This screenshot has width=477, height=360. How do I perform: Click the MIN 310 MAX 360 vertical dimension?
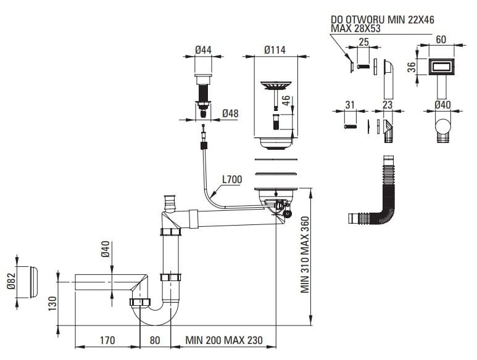pos(305,256)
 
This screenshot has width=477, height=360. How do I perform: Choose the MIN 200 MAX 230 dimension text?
pos(224,340)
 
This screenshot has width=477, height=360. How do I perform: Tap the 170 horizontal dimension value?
pos(107,340)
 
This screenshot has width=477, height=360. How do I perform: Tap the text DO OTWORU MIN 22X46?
pos(382,20)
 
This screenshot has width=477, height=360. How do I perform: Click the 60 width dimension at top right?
pos(441,39)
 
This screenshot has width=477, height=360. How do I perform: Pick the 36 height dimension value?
pos(412,68)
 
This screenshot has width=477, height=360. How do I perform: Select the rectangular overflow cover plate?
pos(441,67)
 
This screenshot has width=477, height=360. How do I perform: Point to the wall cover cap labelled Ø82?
pos(28,282)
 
